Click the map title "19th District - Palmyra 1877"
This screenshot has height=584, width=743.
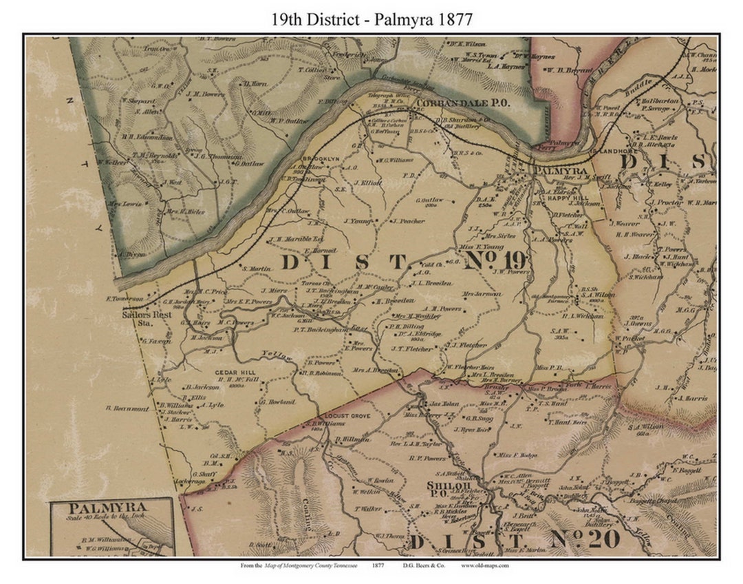tap(371, 19)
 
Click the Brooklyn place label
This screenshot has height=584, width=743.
tap(319, 158)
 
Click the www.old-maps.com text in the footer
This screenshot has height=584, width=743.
tap(486, 565)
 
